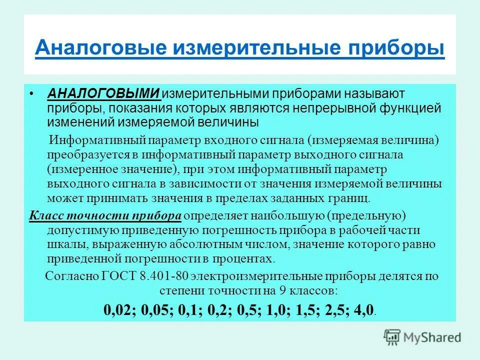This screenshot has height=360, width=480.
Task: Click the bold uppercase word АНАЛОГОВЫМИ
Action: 103,94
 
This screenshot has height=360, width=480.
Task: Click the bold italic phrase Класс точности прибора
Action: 105,216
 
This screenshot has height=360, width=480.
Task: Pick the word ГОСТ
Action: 119,275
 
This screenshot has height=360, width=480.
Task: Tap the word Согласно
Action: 69,275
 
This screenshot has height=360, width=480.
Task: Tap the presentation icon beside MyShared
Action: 392,337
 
